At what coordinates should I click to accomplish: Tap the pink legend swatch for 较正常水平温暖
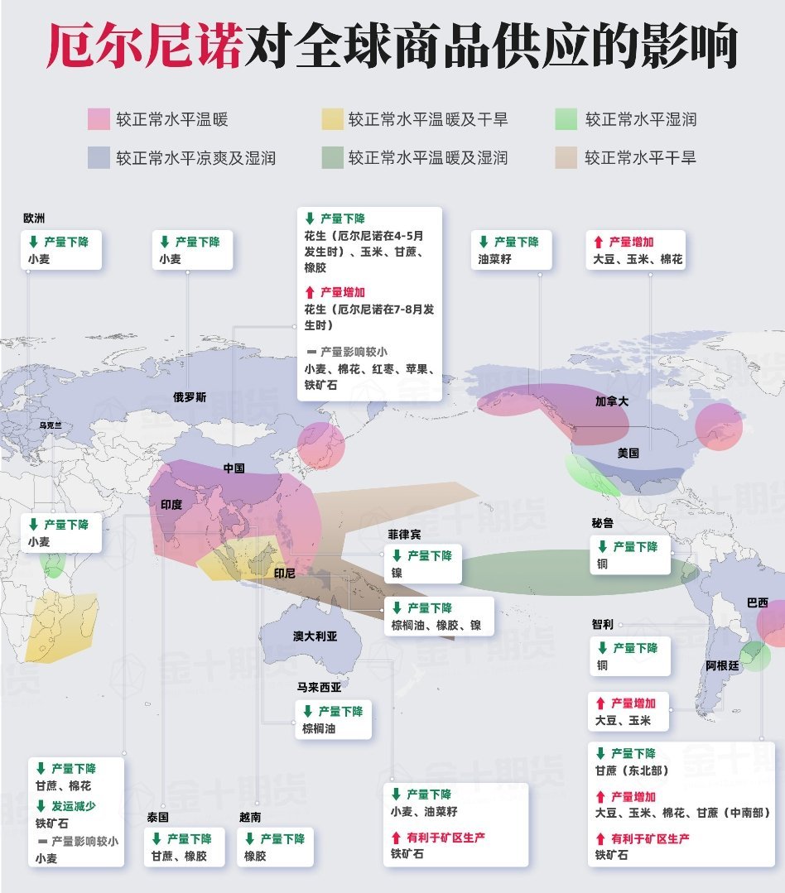click(x=99, y=119)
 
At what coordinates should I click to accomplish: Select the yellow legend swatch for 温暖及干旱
click(x=332, y=119)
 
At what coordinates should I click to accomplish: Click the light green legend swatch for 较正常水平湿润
click(x=566, y=119)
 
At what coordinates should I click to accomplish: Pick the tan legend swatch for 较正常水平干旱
click(x=566, y=157)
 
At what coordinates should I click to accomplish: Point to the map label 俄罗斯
click(x=190, y=397)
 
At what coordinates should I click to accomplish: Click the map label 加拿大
click(x=612, y=401)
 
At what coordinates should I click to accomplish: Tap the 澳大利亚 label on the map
click(x=315, y=636)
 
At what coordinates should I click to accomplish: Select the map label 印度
click(x=171, y=504)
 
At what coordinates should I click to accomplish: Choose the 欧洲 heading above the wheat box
click(x=34, y=218)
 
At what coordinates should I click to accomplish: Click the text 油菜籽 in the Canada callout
click(x=494, y=259)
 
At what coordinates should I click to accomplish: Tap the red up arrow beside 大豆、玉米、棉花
click(x=598, y=242)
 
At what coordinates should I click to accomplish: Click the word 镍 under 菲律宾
click(x=397, y=573)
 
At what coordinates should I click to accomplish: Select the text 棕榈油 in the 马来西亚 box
click(x=319, y=729)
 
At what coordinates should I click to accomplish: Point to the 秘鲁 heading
click(x=602, y=523)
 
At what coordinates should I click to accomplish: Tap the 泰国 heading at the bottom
click(x=157, y=817)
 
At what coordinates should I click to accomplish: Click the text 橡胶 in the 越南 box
click(x=255, y=857)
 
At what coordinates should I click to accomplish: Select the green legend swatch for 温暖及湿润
click(x=332, y=157)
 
